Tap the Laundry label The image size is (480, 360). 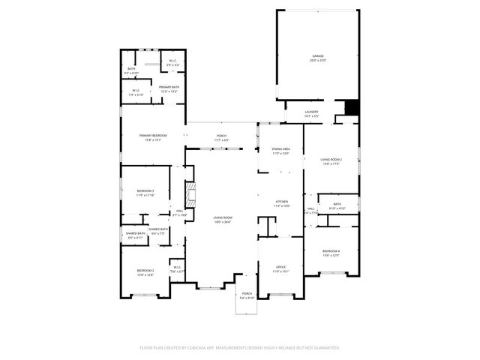click(311, 113)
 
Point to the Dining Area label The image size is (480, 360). click(280, 150)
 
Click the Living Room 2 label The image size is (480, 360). click(331, 160)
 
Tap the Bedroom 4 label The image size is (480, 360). click(331, 251)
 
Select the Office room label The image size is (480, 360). click(280, 267)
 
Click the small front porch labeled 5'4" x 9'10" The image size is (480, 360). click(247, 295)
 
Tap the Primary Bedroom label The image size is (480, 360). click(152, 136)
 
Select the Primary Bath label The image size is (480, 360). click(169, 88)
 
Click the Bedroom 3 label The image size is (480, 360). click(145, 193)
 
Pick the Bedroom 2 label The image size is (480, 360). click(145, 271)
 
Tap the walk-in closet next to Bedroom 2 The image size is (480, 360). click(177, 268)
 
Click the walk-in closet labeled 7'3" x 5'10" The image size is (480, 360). click(136, 92)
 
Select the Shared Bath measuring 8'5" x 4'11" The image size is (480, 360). click(136, 235)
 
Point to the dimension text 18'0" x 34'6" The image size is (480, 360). click(223, 222)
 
